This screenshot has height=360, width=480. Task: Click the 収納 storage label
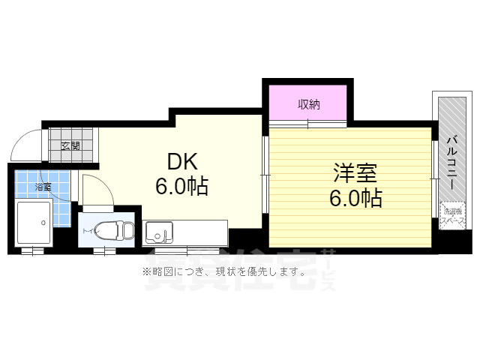pos(308,105)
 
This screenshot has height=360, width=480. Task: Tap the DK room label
pos(181,160)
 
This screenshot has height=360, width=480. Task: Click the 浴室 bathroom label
pos(43,187)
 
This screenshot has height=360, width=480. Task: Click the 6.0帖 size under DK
pos(181,185)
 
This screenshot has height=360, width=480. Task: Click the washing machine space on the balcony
pos(451,217)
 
